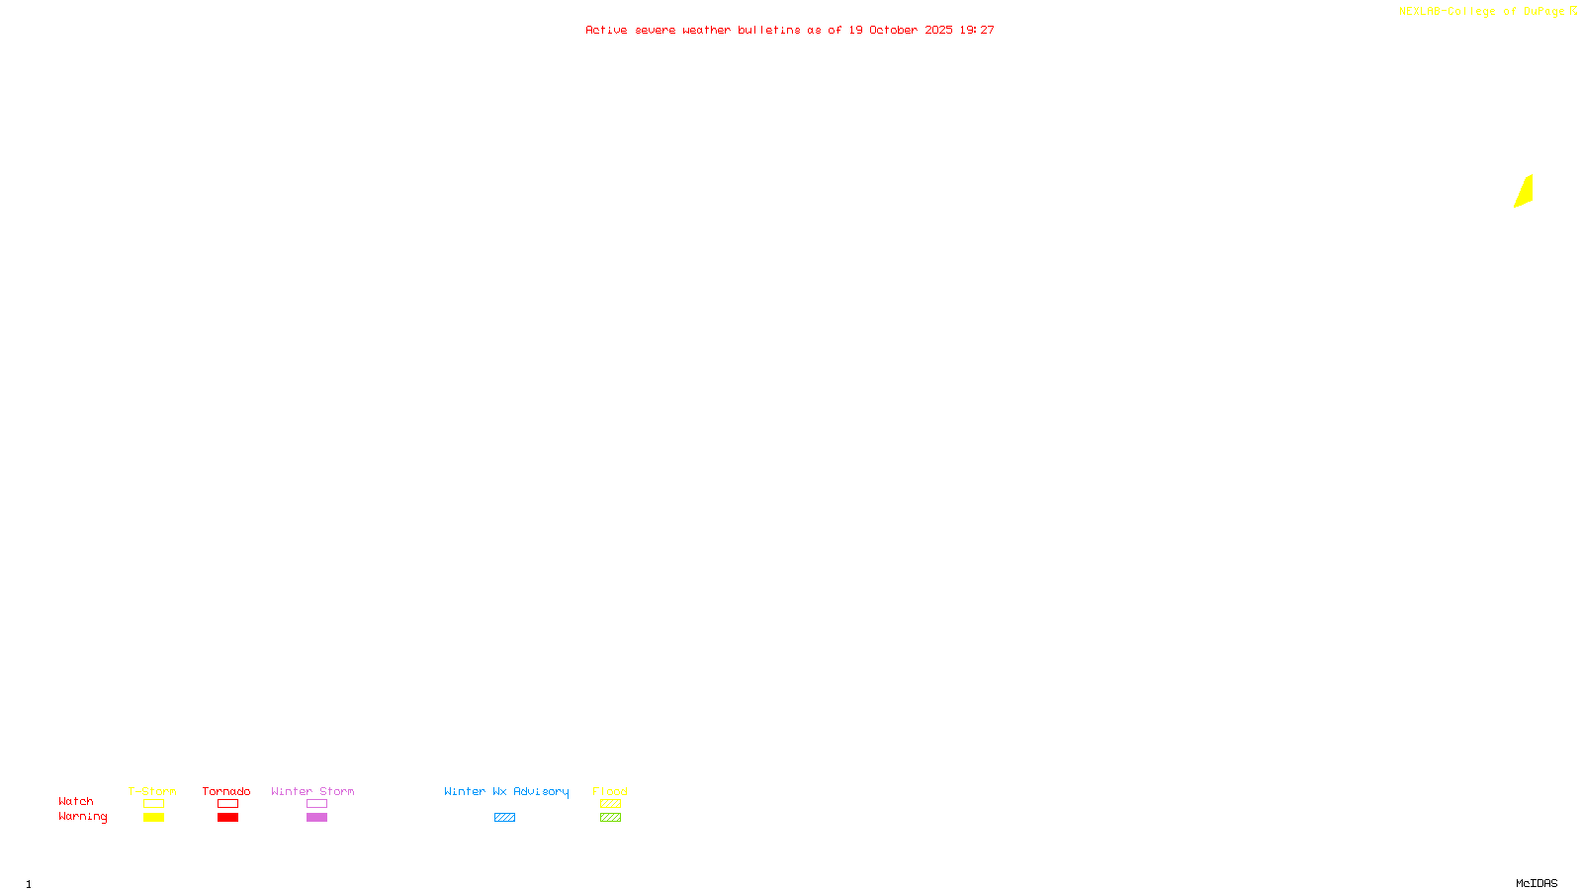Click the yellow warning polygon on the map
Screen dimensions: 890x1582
pyautogui.click(x=1524, y=192)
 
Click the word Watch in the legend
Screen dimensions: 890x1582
pyautogui.click(x=76, y=801)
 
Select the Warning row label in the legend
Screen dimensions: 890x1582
pyautogui.click(x=82, y=817)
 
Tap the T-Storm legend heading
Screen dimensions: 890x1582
pyautogui.click(x=152, y=791)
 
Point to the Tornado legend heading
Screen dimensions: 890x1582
pyautogui.click(x=226, y=791)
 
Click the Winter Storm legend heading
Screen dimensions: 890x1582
pyautogui.click(x=312, y=791)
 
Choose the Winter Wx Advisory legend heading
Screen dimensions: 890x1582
pyautogui.click(x=506, y=791)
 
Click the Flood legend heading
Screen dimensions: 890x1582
pyautogui.click(x=610, y=791)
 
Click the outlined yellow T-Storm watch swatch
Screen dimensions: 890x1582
pyautogui.click(x=153, y=804)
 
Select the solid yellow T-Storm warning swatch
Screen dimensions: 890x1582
pyautogui.click(x=153, y=818)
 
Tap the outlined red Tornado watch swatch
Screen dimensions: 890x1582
pyautogui.click(x=227, y=804)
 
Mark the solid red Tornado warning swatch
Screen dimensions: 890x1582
pyautogui.click(x=227, y=818)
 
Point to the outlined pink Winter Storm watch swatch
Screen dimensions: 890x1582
pyautogui.click(x=316, y=804)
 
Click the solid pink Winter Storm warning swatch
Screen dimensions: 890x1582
pyautogui.click(x=316, y=818)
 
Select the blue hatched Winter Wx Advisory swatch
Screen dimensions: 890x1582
pyautogui.click(x=504, y=818)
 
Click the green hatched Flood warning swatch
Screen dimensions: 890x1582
pyautogui.click(x=610, y=818)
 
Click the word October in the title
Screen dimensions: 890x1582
pyautogui.click(x=893, y=30)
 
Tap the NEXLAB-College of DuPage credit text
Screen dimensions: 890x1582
pyautogui.click(x=1481, y=12)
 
